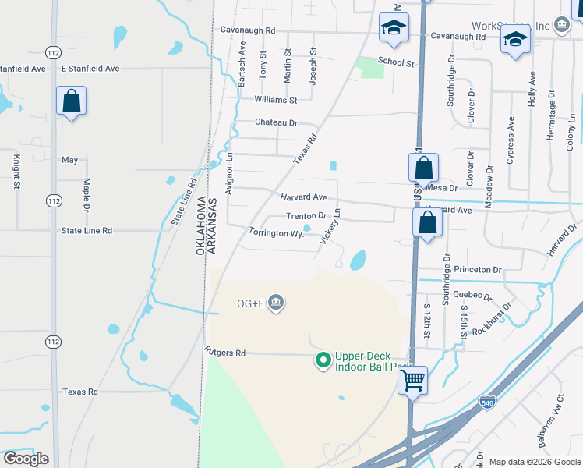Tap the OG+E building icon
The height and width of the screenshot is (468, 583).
click(x=275, y=303)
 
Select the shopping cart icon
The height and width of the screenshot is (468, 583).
click(x=413, y=381)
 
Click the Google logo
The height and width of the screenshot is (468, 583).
click(x=26, y=459)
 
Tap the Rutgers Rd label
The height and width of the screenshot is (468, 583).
click(x=225, y=353)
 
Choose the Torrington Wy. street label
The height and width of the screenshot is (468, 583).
click(x=276, y=232)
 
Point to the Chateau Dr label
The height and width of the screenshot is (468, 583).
click(x=277, y=122)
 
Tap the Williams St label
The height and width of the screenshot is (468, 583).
click(x=275, y=100)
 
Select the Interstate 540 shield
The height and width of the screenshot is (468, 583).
click(x=487, y=402)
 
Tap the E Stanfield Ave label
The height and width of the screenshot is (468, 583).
click(x=90, y=69)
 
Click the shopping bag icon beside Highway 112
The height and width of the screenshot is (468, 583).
click(x=71, y=101)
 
